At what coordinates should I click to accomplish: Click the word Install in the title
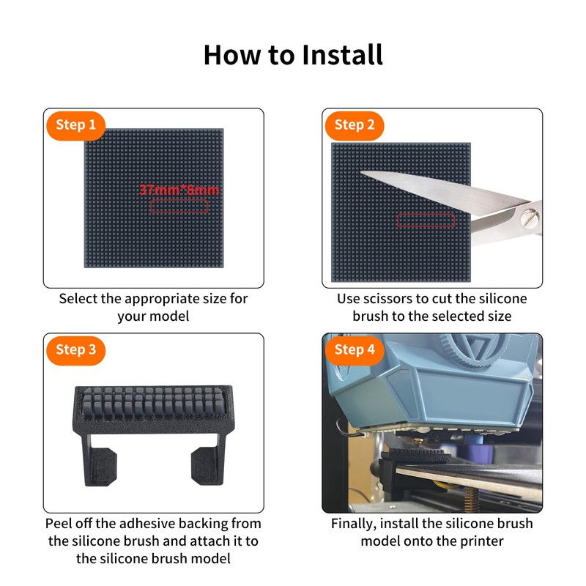pos(342,55)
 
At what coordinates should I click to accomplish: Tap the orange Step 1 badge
pos(76,125)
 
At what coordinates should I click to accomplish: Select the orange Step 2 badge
pos(355,125)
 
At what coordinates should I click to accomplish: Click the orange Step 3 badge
pos(76,351)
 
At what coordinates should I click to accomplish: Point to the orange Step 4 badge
pos(355,351)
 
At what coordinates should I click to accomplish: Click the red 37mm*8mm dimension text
pos(179,190)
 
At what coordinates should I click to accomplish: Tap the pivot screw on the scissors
pos(530,218)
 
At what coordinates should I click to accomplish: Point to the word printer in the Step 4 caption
pos(482,542)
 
